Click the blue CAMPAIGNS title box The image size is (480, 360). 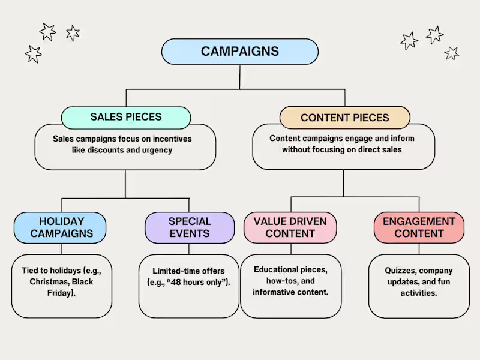pos(240,52)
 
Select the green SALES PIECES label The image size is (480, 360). pos(126,117)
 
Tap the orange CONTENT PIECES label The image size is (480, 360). pos(345,118)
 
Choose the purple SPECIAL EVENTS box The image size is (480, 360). pos(190,227)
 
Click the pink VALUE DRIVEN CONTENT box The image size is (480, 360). pos(290,227)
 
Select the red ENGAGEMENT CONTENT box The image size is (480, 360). pos(419,227)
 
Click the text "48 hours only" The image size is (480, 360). pos(197,282)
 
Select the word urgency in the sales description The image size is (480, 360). pos(158,150)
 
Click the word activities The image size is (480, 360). pos(419,293)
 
